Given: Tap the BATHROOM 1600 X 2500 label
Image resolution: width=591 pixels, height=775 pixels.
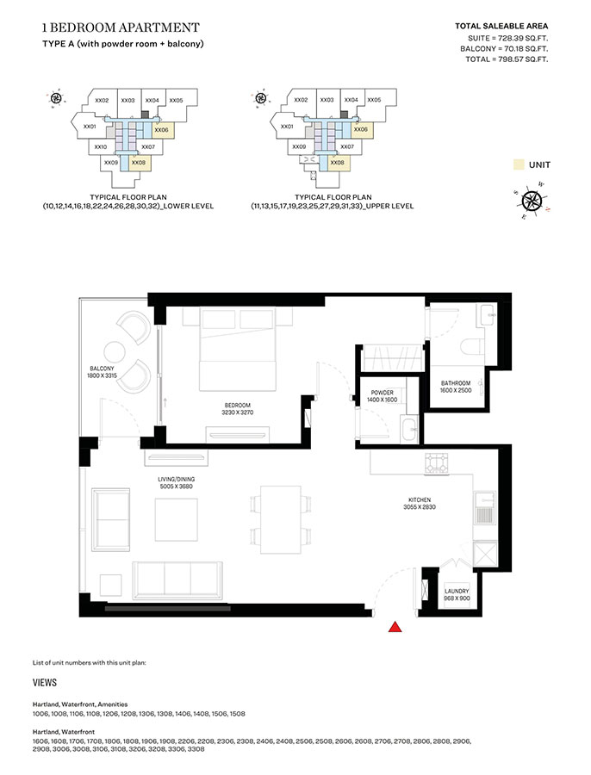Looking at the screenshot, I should pos(457,387).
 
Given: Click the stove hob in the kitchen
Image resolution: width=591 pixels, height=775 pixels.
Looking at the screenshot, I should pos(438,465).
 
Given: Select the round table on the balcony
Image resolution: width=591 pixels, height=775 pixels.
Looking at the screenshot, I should pos(115,351).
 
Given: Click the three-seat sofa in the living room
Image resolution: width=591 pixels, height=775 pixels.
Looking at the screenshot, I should pos(176,579).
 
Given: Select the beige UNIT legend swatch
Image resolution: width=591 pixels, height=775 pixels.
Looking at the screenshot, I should pos(519,164).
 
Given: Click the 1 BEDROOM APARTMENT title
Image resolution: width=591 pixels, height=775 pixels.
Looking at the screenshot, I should pos(121,28).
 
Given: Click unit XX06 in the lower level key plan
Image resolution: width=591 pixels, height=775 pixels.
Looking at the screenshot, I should pos(161,129).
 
